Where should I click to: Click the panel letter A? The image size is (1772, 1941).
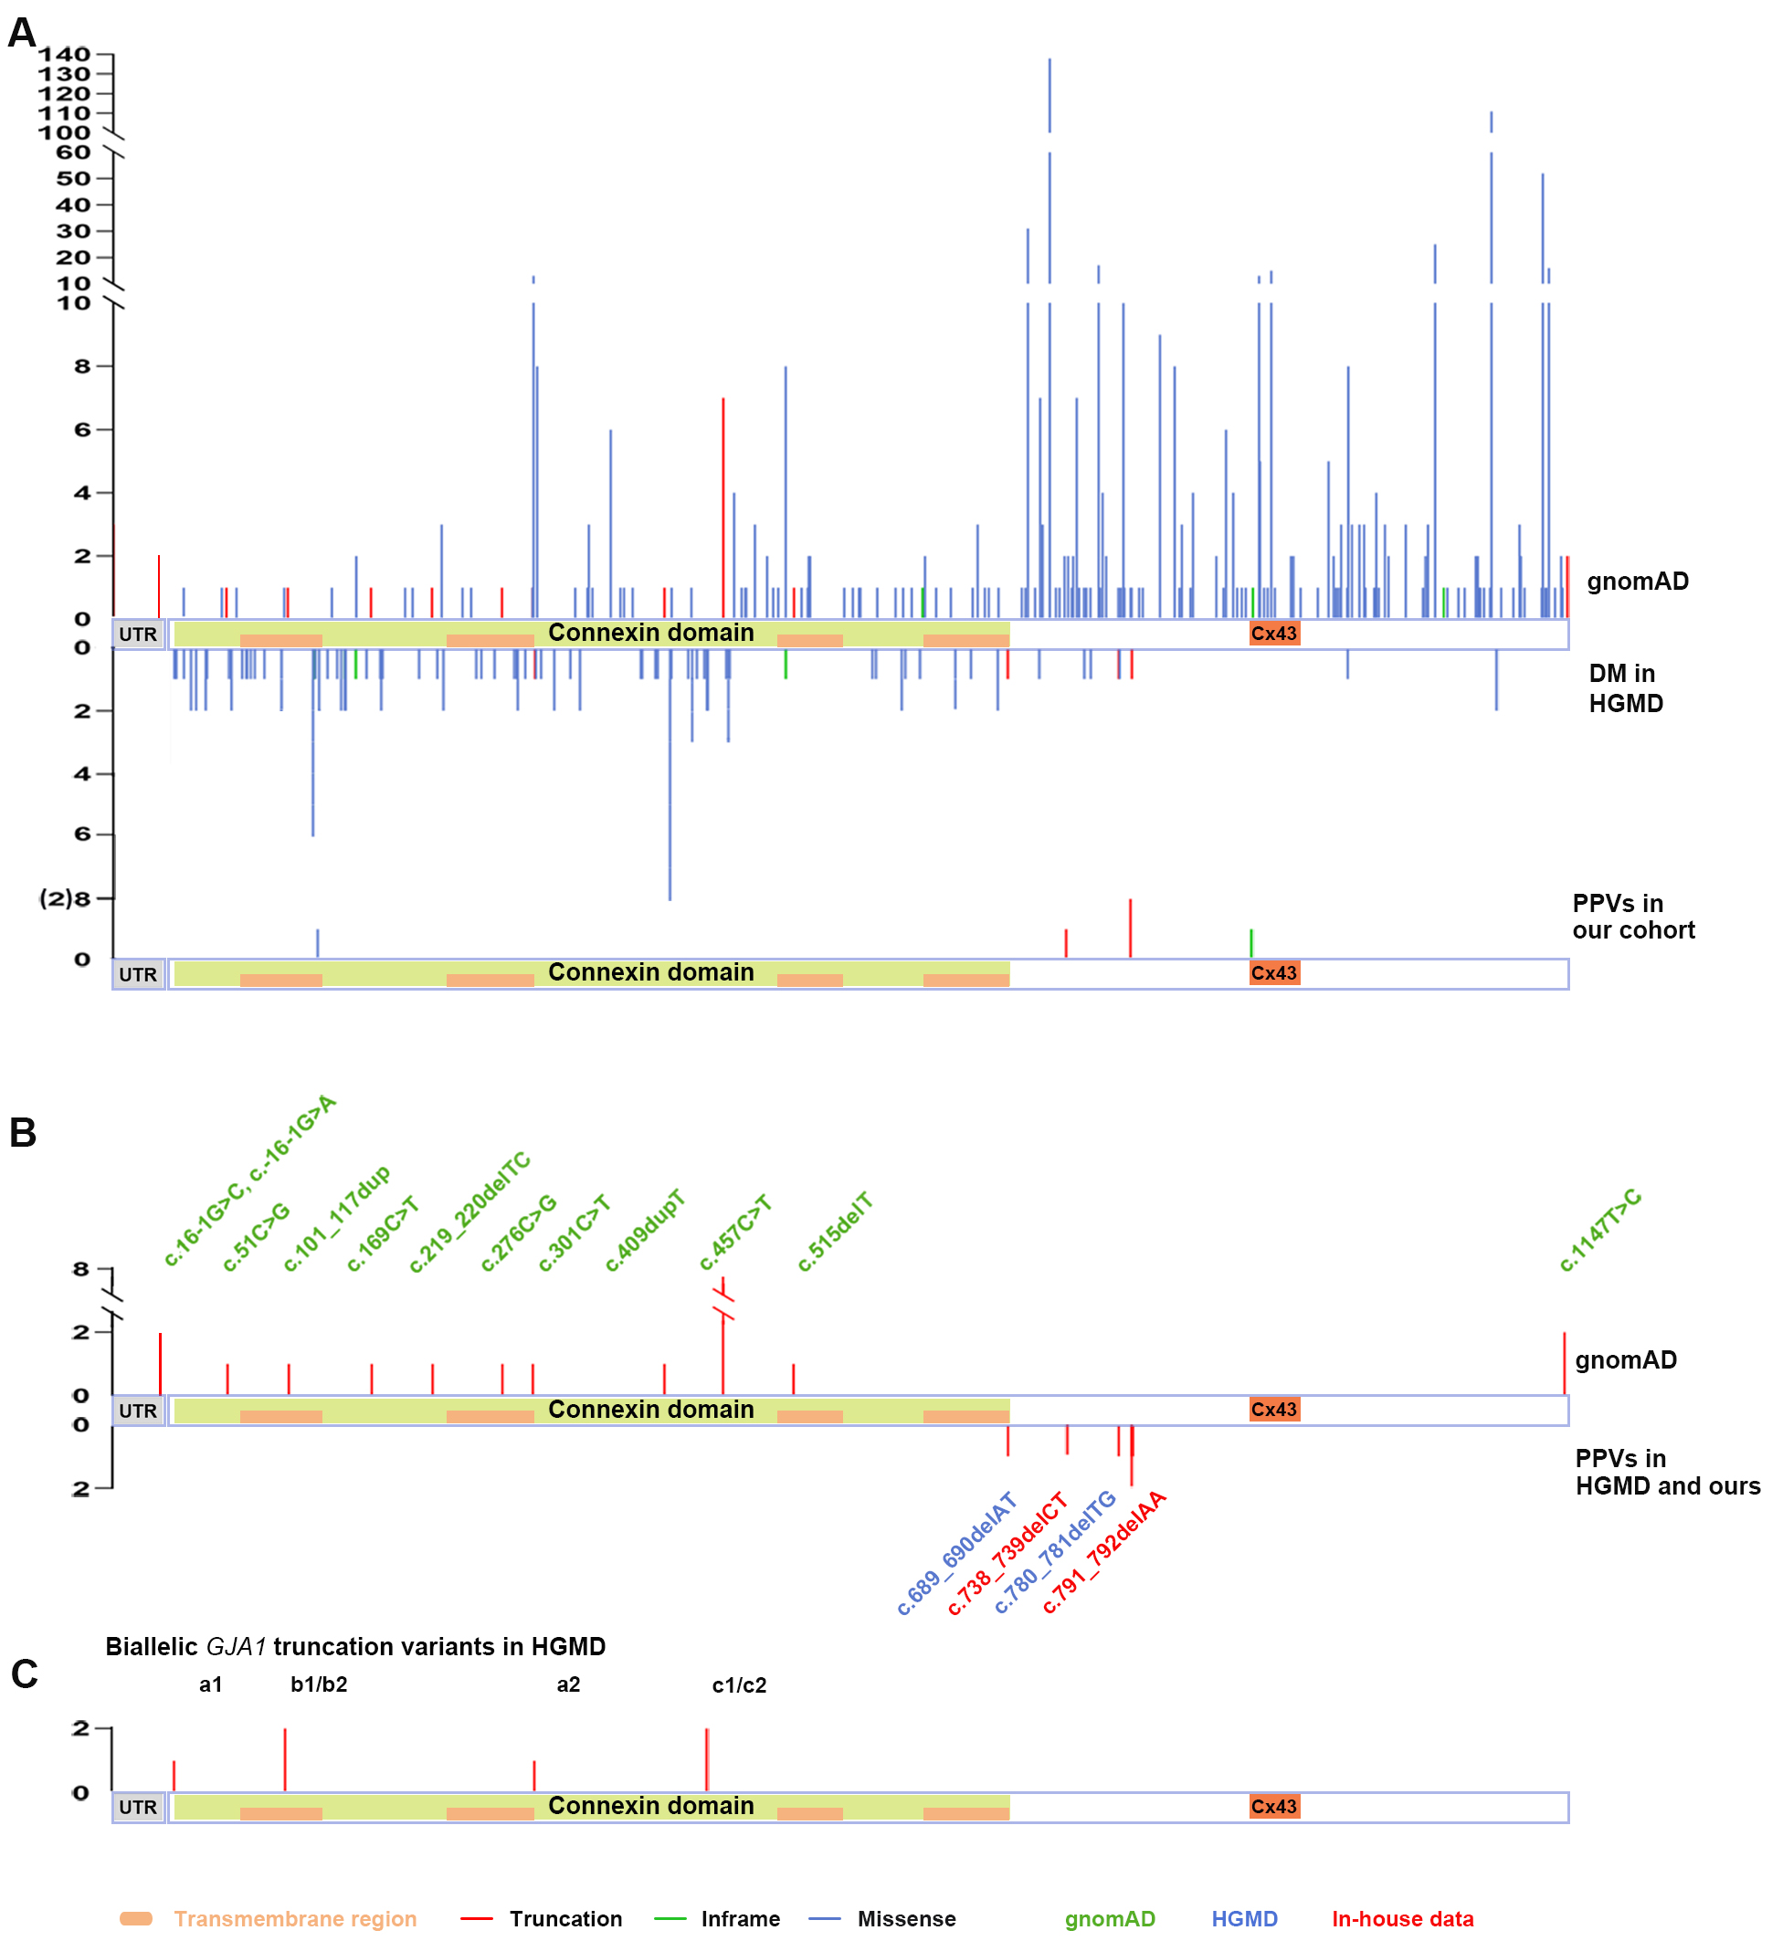pos(21,33)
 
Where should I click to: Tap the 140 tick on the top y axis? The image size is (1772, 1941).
pos(65,55)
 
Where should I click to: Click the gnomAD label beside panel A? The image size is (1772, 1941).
pos(1637,582)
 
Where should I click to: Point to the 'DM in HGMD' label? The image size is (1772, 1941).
pos(1626,688)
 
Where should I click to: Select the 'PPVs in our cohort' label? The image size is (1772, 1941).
pos(1632,917)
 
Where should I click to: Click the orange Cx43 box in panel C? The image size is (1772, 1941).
pos(1273,1806)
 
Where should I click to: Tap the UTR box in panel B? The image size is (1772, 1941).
pos(138,1411)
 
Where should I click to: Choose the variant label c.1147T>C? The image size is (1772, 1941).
pos(1599,1231)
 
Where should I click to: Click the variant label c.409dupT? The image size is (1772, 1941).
pos(645,1231)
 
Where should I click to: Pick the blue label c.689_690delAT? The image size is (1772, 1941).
pos(956,1554)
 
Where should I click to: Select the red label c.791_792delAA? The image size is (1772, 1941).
pos(1103,1552)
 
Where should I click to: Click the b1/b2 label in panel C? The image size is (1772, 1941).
pos(319,1684)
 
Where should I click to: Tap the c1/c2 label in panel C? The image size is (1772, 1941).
pos(739,1684)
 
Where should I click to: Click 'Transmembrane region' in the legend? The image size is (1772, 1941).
pos(295,1919)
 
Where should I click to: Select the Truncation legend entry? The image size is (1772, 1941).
pos(565,1919)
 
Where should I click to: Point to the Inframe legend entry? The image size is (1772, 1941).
pos(740,1919)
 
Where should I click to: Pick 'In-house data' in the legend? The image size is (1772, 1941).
pos(1402,1919)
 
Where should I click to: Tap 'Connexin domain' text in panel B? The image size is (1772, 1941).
pos(651,1410)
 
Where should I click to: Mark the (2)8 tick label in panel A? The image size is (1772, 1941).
pos(65,898)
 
